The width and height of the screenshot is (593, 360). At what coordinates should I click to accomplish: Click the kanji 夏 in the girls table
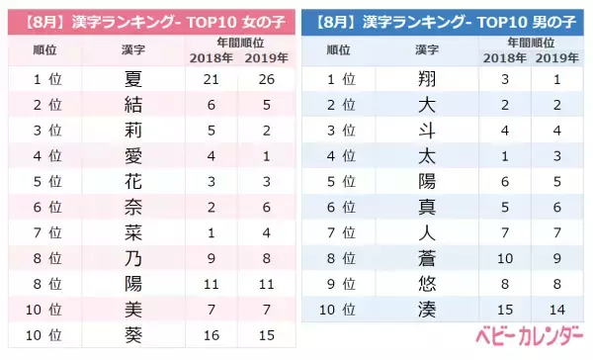pos(131,77)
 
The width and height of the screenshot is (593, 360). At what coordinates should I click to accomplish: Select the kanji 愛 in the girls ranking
pos(131,155)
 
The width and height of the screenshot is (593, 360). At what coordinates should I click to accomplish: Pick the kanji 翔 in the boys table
pos(428,77)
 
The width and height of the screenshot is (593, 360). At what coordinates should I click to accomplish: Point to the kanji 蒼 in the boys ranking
pos(428,258)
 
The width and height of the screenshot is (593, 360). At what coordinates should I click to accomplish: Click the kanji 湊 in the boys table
pos(428,310)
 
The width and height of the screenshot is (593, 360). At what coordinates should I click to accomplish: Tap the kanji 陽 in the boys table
pos(428,181)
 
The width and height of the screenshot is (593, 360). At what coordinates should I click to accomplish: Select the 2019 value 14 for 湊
pos(558,310)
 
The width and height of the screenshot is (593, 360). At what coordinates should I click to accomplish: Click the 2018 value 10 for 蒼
pos(506,258)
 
